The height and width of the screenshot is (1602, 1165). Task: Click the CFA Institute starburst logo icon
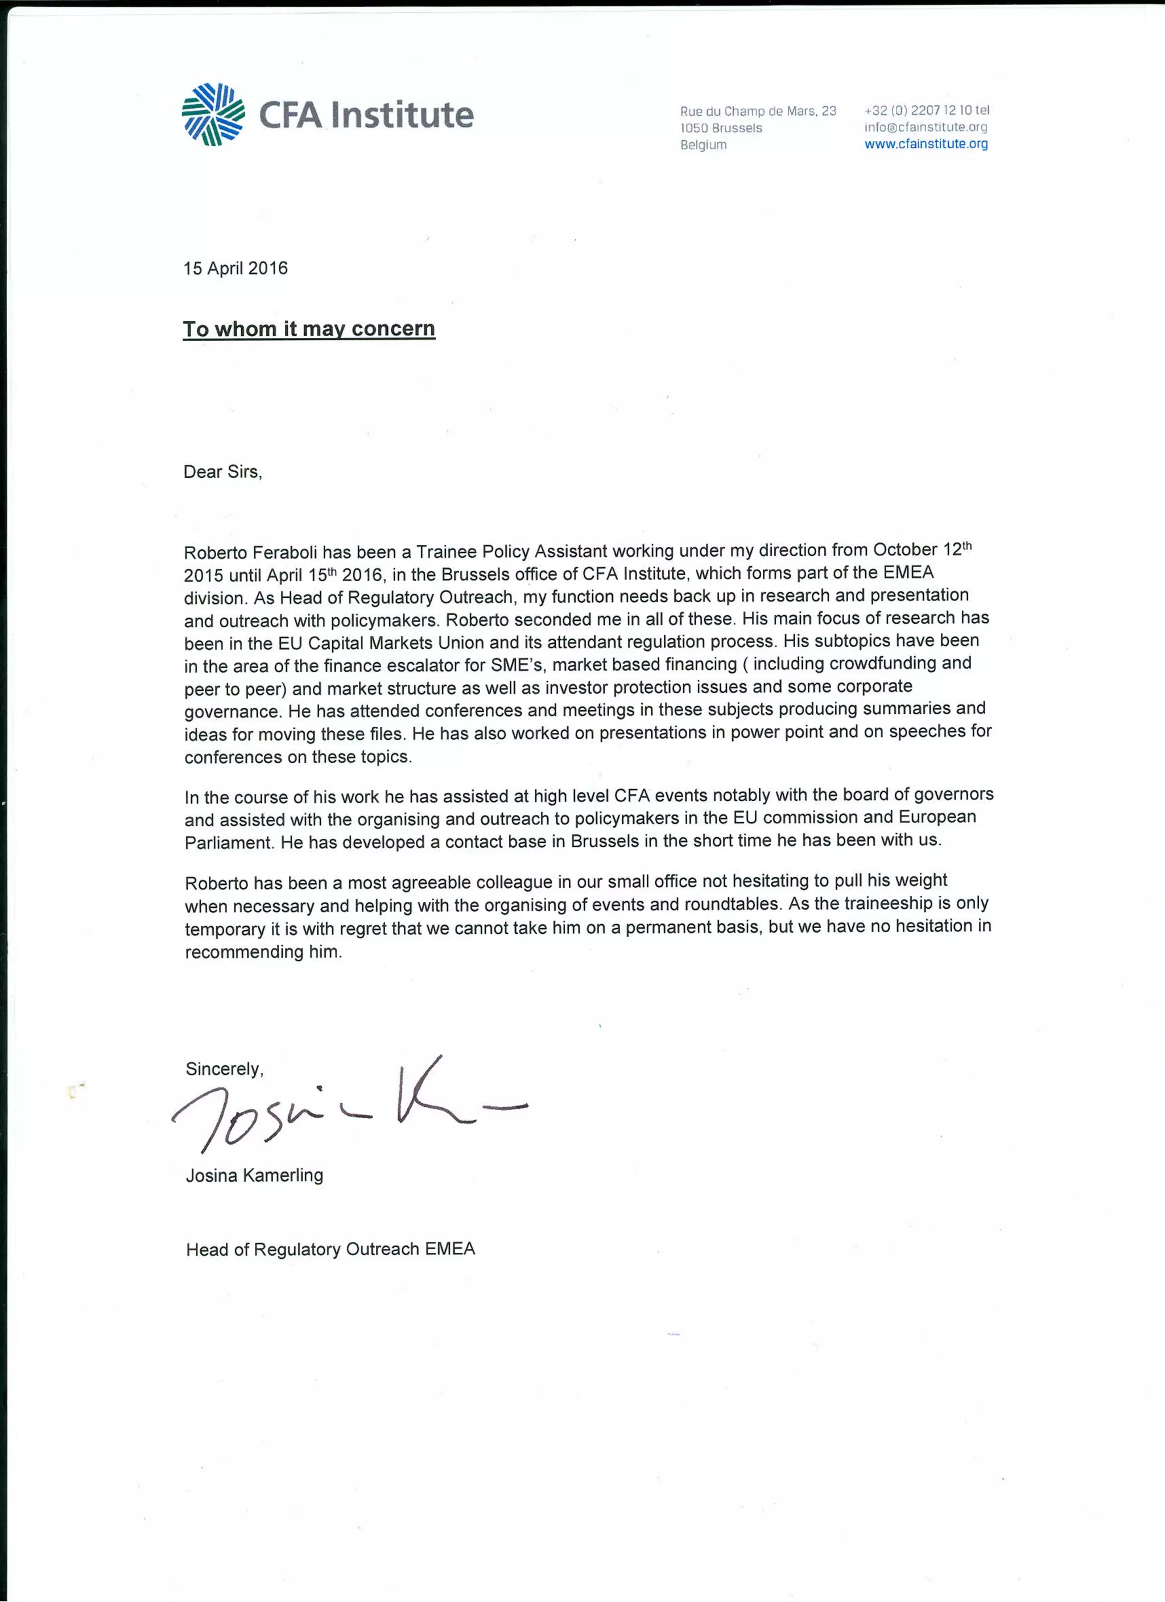[x=213, y=114]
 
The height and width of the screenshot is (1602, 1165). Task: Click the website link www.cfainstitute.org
[x=926, y=144]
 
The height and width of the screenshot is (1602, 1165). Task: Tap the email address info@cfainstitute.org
[x=926, y=127]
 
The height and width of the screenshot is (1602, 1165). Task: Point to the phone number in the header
[x=926, y=110]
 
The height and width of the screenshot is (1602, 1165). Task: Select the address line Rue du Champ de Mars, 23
[x=757, y=111]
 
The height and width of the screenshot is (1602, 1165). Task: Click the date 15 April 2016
[x=236, y=268]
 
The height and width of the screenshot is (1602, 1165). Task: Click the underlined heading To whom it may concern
[x=309, y=329]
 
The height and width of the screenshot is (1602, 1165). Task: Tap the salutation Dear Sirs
[x=222, y=472]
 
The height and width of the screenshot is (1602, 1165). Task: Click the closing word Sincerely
[x=224, y=1069]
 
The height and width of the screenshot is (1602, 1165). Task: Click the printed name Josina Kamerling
[x=254, y=1175]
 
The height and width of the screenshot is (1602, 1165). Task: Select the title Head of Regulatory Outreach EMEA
[x=330, y=1249]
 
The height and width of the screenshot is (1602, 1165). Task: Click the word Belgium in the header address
[x=703, y=145]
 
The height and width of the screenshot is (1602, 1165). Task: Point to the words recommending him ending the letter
[x=263, y=952]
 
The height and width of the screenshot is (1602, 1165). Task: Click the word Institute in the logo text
[x=402, y=115]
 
